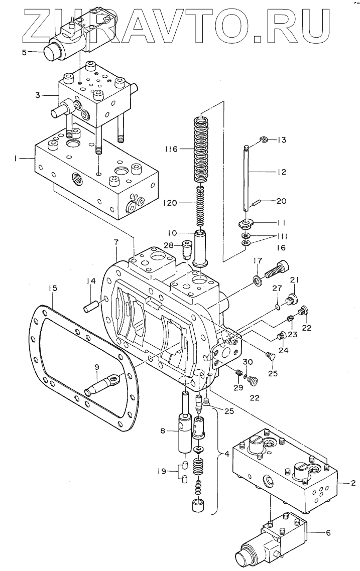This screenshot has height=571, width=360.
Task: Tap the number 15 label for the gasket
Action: pos(53,288)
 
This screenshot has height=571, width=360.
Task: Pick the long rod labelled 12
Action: pos(247,177)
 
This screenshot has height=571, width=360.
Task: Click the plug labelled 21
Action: pos(292,299)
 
